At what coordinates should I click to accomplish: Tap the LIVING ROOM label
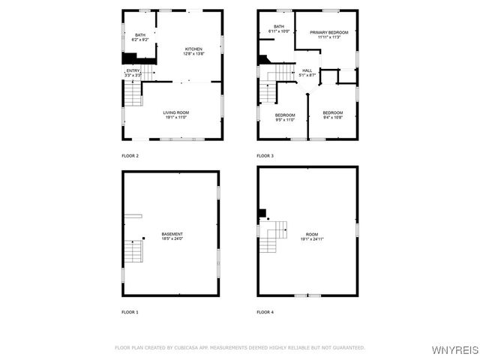click(175, 112)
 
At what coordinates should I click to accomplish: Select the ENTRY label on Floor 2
click(133, 70)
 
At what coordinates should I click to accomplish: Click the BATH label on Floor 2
click(140, 34)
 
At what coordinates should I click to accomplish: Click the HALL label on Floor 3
click(307, 70)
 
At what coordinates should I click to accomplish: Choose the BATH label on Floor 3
click(279, 27)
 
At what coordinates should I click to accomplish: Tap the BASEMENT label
click(172, 234)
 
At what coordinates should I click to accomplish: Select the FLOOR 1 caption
click(130, 311)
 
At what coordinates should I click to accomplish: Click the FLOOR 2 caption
click(130, 155)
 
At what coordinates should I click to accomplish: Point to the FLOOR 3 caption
click(265, 155)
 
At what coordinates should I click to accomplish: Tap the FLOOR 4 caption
click(265, 311)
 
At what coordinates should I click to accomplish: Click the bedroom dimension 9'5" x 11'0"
click(285, 120)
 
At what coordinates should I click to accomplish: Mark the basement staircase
click(133, 251)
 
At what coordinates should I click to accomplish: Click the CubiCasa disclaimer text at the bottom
click(240, 347)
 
